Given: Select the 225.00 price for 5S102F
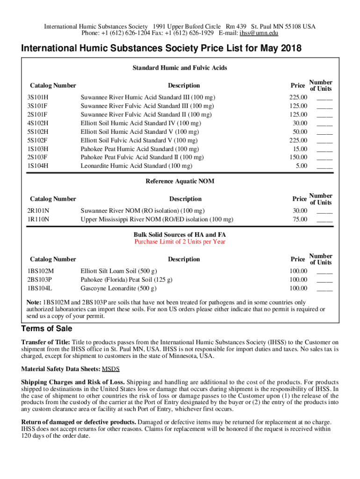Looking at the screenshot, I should point(298,140).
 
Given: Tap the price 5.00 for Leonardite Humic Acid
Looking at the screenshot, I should point(302,166).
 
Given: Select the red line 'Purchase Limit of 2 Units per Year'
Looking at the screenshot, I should point(180,242).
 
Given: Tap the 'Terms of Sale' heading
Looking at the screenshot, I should point(47,328).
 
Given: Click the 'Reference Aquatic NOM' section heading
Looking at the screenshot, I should point(180,181).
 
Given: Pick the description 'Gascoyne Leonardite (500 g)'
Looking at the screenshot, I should point(119,288).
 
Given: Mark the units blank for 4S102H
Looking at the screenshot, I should point(324,123).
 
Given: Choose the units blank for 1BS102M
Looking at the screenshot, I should point(324,271).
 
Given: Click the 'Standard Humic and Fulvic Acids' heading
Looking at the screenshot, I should point(180,68).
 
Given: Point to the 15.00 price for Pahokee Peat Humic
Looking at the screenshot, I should point(300,149).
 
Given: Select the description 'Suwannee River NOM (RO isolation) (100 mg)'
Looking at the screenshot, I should point(143,210).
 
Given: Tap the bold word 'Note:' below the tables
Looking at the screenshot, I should point(34,302).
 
